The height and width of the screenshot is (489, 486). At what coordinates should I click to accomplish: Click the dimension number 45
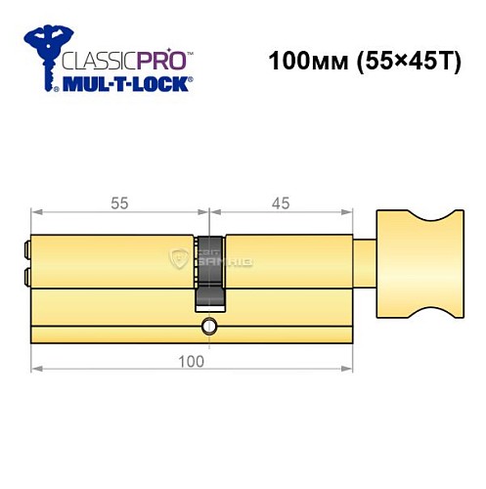click(x=281, y=204)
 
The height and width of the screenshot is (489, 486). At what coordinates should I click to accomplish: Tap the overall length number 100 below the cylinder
click(x=193, y=362)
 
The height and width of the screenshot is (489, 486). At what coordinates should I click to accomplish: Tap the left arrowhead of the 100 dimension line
click(x=36, y=369)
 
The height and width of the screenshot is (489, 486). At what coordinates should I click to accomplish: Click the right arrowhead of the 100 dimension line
click(x=348, y=369)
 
